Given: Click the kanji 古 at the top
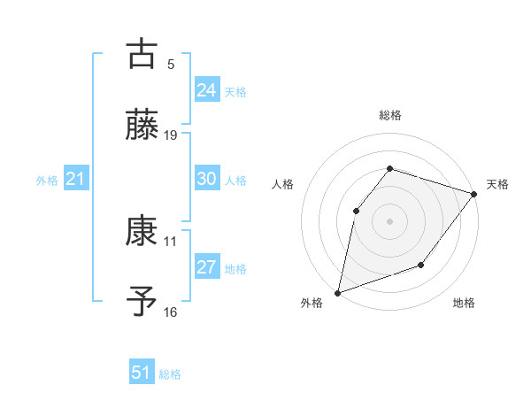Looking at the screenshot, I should pos(142,53).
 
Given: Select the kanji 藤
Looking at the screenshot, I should pos(142,124).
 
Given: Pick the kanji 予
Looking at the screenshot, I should pos(142,301).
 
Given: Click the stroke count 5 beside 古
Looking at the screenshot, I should pos(171,64).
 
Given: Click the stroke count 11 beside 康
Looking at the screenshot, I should pos(171,241).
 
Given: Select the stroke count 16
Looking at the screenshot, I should pos(171,312).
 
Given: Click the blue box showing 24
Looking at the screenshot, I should pos(206,89).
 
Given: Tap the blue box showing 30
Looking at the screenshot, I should pos(206,179).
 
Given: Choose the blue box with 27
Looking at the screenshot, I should pos(206,267).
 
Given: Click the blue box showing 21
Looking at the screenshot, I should pos(75,180).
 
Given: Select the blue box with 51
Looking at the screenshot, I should pos(142,373).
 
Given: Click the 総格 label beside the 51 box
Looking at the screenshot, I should pos(170,374).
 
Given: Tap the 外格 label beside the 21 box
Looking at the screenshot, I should pos(47,181).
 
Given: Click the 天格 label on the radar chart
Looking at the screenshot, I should pos(497,184).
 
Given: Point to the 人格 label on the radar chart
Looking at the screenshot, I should pos(283,184).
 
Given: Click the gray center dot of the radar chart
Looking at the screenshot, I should pos(389,220).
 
